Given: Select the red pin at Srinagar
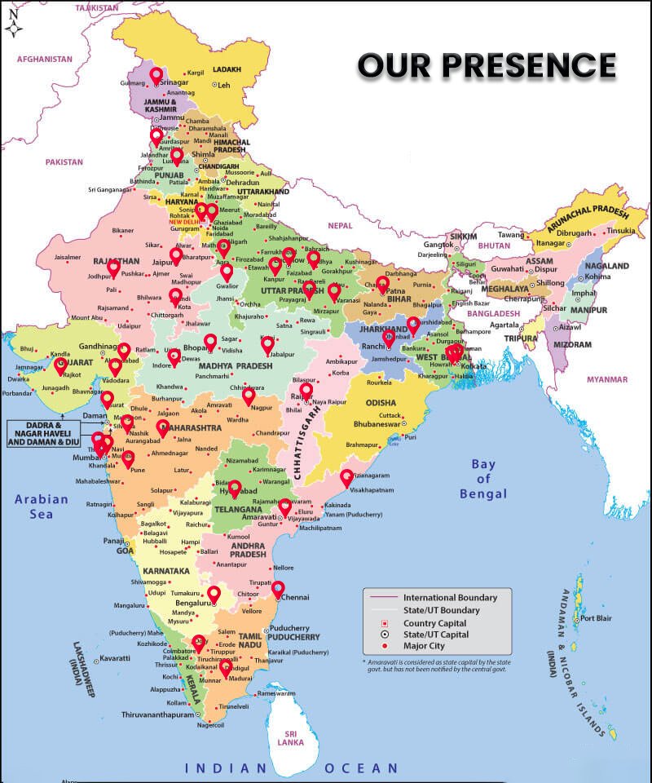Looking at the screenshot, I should (x=156, y=77).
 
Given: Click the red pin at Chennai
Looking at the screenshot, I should (x=278, y=589).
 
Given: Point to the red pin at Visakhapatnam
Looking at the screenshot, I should (x=346, y=478).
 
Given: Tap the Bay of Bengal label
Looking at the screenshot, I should (x=483, y=479).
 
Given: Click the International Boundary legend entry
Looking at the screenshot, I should (x=450, y=597).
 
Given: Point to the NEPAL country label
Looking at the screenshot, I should (x=341, y=225).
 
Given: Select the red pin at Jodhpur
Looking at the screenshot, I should (x=113, y=268).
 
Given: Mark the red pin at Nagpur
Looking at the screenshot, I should (x=249, y=396).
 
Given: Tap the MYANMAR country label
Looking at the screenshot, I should (x=607, y=379).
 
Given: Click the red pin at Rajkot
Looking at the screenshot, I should (x=60, y=366).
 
